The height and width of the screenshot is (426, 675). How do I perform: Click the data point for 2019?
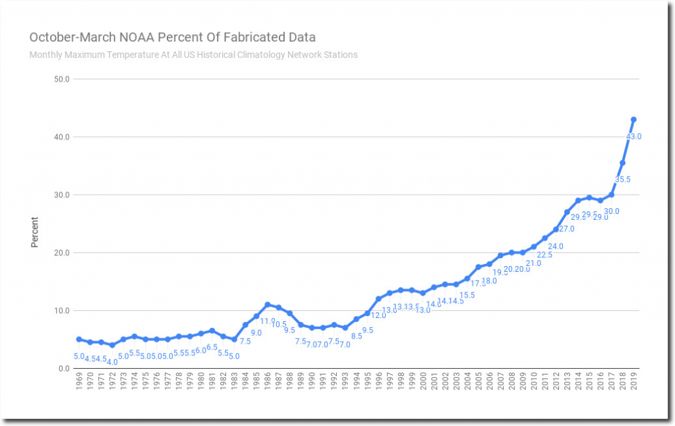(633, 119)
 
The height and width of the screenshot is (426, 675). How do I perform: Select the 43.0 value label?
(633, 136)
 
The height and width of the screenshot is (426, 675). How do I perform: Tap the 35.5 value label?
(622, 179)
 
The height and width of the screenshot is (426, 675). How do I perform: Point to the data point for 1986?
(268, 305)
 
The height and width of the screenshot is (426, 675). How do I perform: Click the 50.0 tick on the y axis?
(62, 79)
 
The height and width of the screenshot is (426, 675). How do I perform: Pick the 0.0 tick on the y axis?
(64, 368)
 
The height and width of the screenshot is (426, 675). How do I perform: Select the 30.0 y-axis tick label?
(62, 195)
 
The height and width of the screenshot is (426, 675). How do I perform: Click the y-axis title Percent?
(35, 232)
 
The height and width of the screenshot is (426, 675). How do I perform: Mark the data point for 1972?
(112, 345)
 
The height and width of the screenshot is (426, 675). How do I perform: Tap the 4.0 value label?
(112, 361)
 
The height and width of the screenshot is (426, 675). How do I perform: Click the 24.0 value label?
(556, 246)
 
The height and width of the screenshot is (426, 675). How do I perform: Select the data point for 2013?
(567, 212)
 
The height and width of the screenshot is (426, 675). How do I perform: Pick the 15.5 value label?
(467, 295)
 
